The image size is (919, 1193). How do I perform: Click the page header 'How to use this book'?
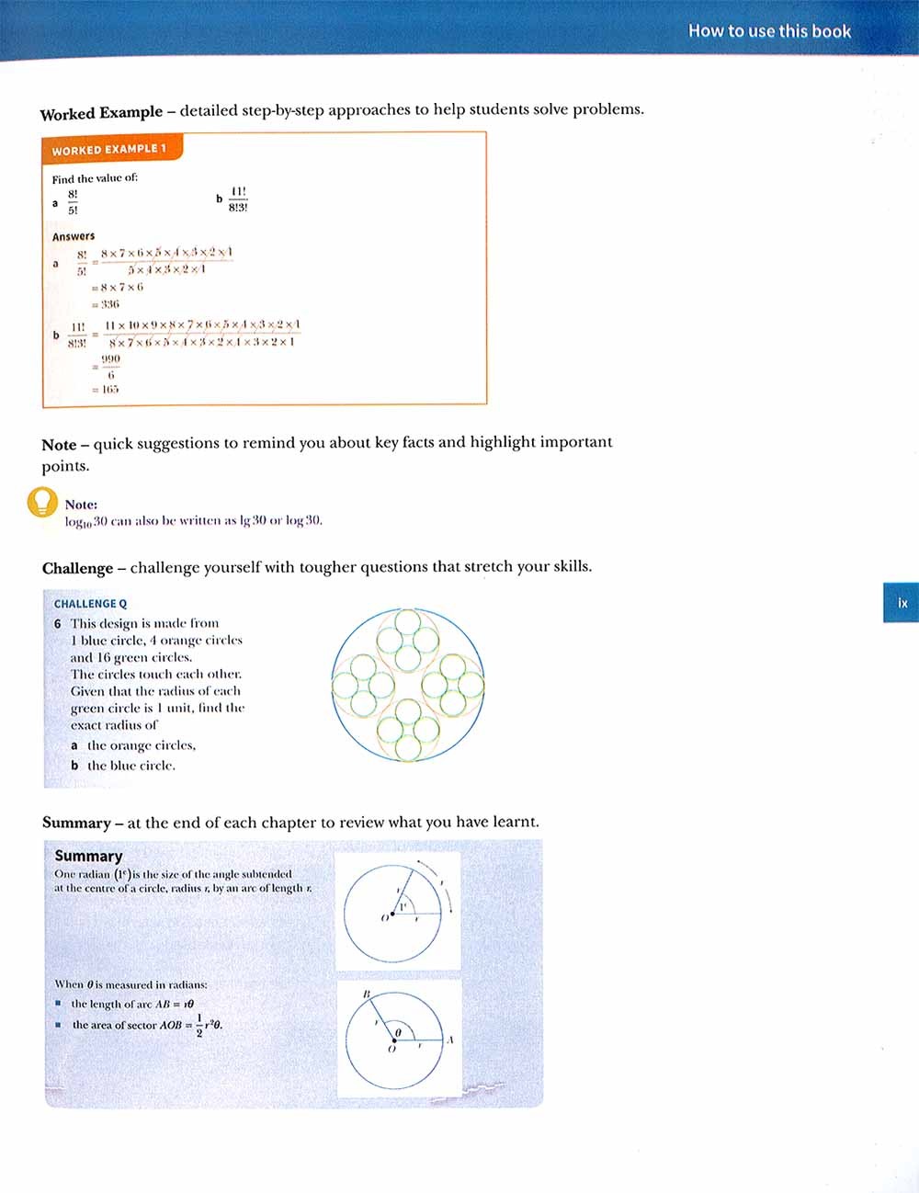[x=769, y=31]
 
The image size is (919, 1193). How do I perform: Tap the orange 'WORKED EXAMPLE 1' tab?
[x=109, y=149]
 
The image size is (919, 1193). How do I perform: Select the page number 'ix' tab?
[x=902, y=603]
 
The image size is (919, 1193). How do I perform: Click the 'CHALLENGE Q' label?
[x=90, y=604]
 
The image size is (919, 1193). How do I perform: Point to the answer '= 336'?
[x=105, y=304]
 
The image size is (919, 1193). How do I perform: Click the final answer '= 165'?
[x=105, y=389]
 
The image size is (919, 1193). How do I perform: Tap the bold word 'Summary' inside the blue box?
[x=88, y=856]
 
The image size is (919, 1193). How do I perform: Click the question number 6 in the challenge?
[x=58, y=623]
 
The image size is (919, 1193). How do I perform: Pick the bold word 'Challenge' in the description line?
[x=77, y=568]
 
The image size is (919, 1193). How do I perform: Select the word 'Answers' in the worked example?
[x=74, y=236]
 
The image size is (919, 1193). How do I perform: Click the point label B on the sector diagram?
[x=366, y=994]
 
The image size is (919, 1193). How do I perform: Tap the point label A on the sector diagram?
[x=449, y=1040]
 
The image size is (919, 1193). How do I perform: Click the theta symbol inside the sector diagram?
[x=398, y=1033]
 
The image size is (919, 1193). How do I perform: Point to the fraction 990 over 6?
[x=110, y=367]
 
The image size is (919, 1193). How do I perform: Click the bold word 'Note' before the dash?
[x=59, y=445]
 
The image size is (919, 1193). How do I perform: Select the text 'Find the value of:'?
[x=95, y=178]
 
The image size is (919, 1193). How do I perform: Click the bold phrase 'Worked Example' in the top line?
[x=101, y=113]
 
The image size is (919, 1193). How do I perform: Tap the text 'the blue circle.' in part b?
[x=130, y=766]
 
